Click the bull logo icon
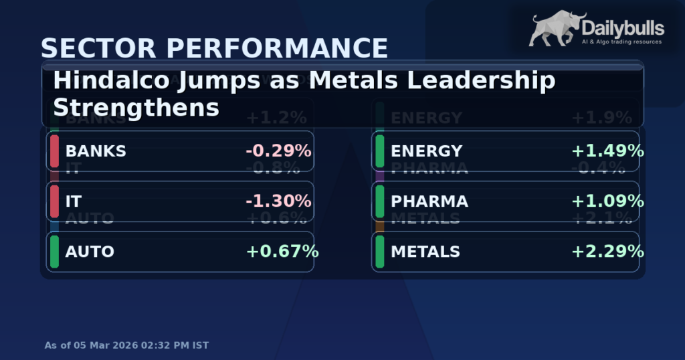tap(555, 29)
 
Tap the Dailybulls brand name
tap(623, 27)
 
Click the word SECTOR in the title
tap(90, 49)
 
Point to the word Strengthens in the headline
tap(136, 107)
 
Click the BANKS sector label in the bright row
tap(96, 151)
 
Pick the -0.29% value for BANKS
tap(278, 151)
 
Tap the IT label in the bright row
tap(73, 201)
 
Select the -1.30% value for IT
tap(278, 201)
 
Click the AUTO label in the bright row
tap(90, 252)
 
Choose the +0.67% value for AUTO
tap(282, 252)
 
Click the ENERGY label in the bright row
tap(426, 151)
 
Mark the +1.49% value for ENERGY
tap(607, 151)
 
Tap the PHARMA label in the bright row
tap(429, 201)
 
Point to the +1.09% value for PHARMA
tap(607, 201)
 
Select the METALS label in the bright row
tap(425, 252)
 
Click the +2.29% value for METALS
tap(607, 252)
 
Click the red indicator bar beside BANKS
tap(54, 151)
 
